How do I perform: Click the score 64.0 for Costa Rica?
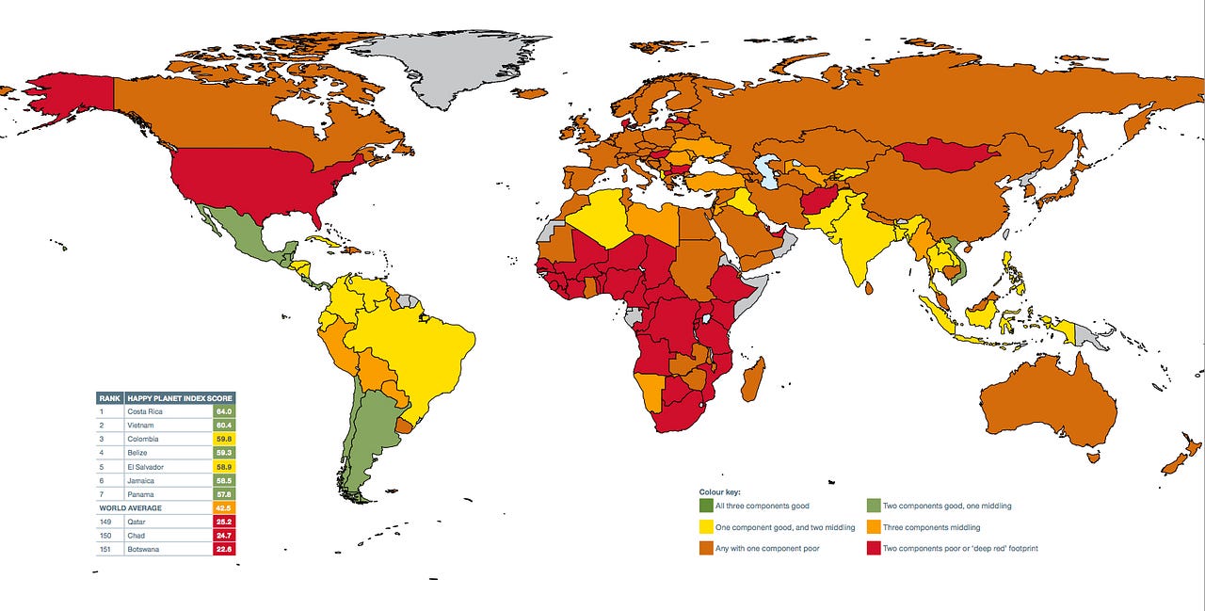coord(224,411)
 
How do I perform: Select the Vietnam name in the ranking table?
coord(142,426)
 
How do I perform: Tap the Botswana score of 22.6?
coord(224,549)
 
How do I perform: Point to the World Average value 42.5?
coord(224,508)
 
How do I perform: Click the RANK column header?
coord(109,398)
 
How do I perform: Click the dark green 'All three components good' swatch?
coord(705,506)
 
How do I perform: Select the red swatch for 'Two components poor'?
coord(873,548)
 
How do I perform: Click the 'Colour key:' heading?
coord(719,491)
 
